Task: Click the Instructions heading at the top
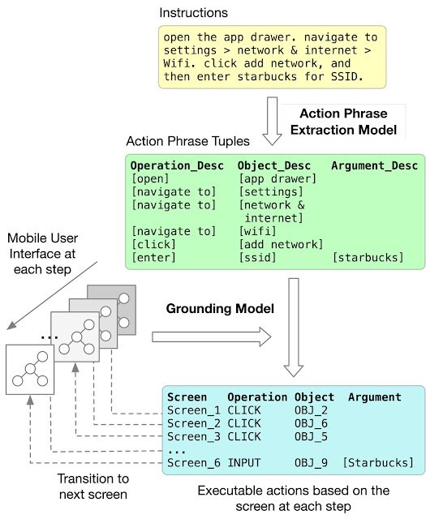click(194, 14)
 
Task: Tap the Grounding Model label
click(210, 309)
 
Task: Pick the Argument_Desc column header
click(374, 165)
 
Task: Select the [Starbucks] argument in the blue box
click(378, 462)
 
